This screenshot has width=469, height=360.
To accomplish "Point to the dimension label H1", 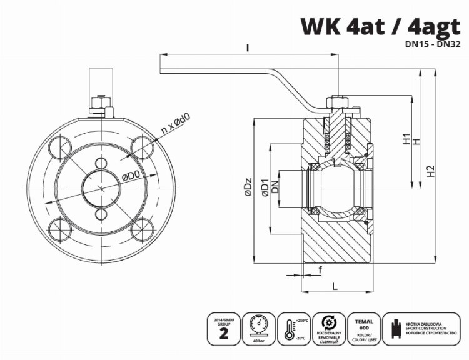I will point(406,139).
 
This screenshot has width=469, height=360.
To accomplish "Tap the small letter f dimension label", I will point(320,269).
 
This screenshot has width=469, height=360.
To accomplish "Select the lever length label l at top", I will point(248,47).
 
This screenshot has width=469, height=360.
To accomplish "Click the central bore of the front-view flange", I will point(101,187).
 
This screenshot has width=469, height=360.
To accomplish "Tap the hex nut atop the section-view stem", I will point(336,102).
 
